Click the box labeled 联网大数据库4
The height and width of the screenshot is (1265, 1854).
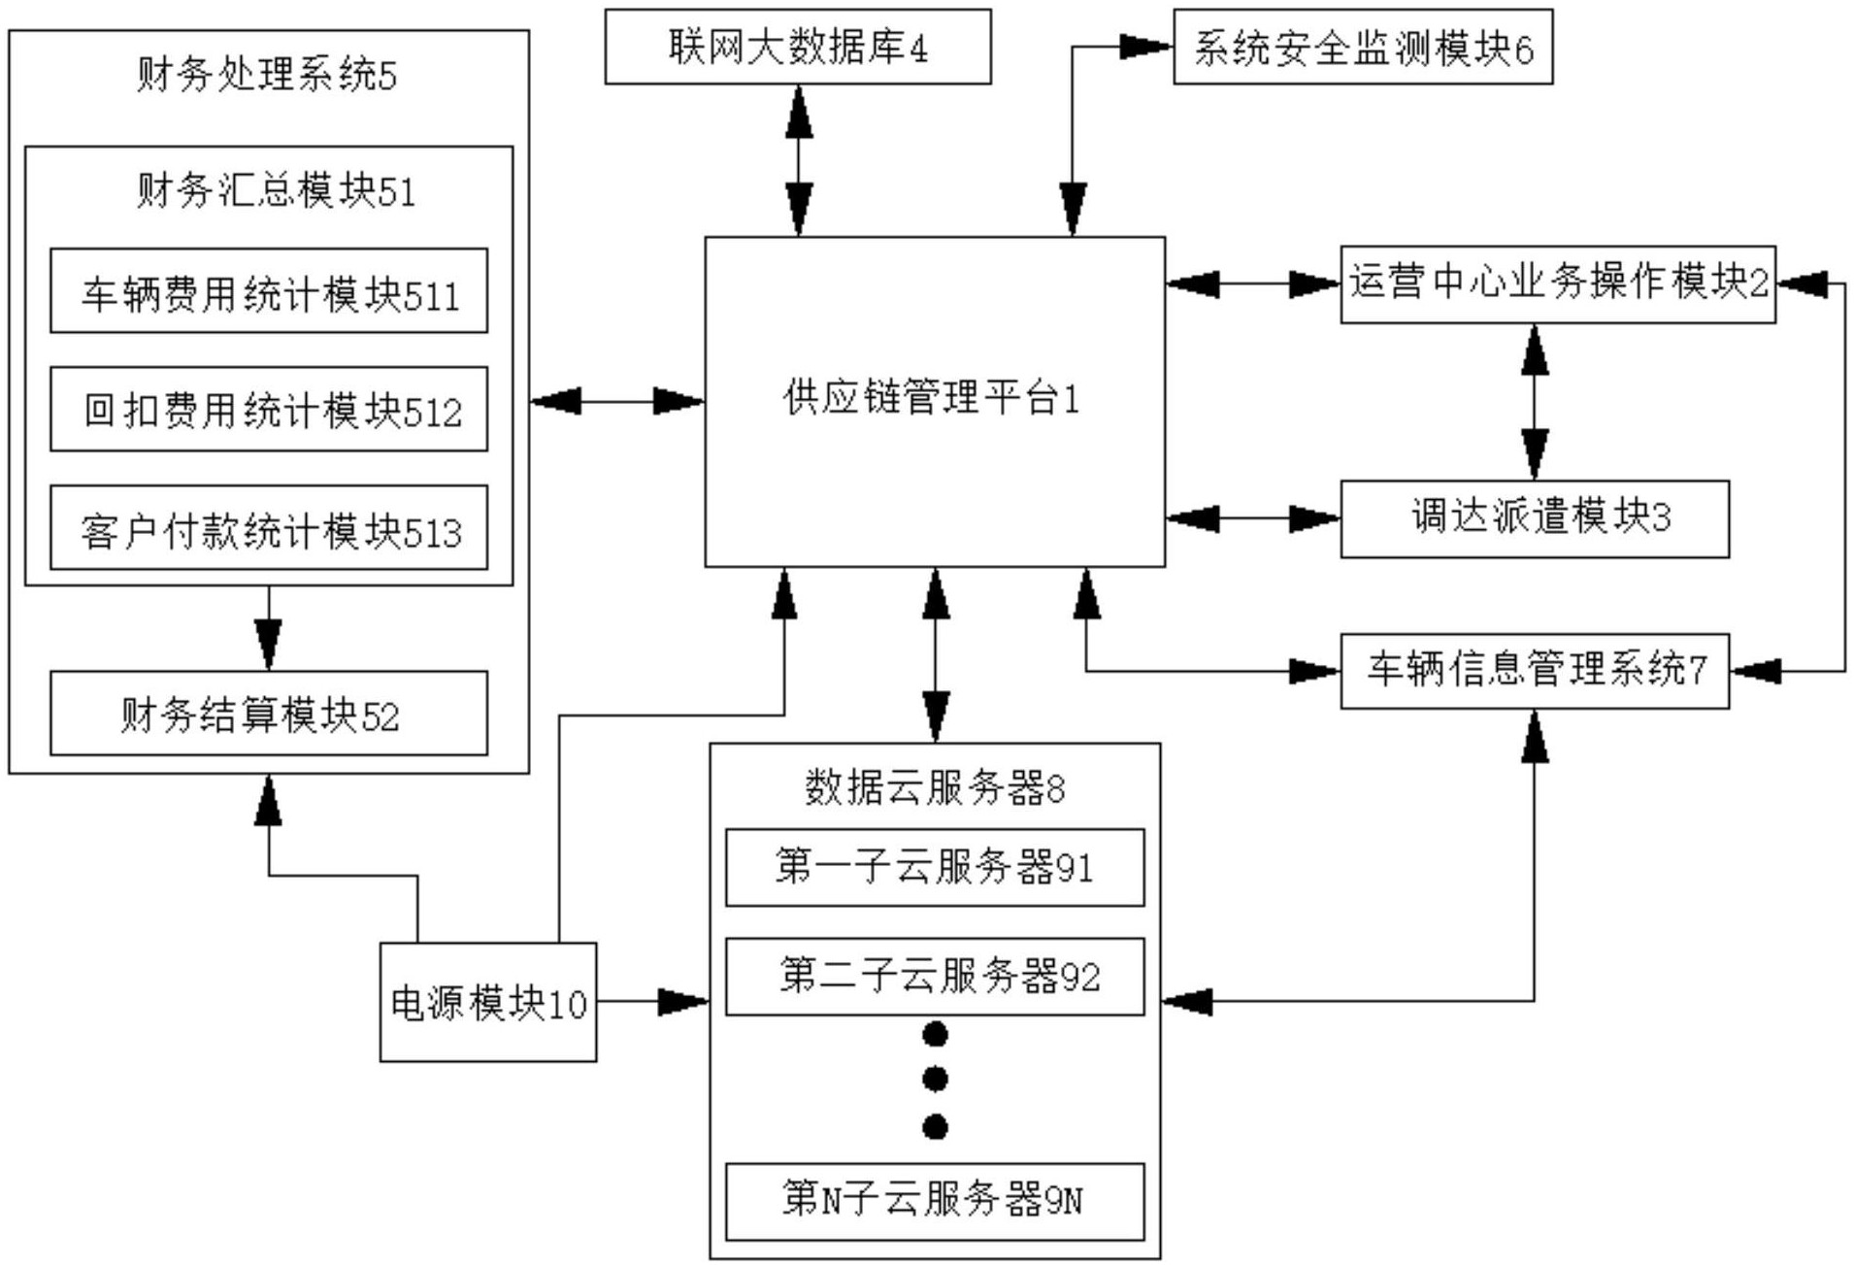[x=797, y=47]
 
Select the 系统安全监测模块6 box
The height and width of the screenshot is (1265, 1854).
[x=1362, y=47]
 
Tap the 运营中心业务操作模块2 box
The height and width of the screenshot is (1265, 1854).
[x=1557, y=283]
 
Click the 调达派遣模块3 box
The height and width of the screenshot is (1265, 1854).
[x=1534, y=518]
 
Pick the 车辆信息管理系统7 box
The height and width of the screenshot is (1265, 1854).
[x=1534, y=671]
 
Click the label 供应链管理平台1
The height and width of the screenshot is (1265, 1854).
[x=932, y=399]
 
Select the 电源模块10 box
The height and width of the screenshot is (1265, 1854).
[x=487, y=1002]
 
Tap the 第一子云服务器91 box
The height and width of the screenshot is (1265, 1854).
[x=934, y=867]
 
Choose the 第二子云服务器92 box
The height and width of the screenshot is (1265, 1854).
[x=934, y=977]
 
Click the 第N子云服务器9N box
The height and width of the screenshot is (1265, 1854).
[x=934, y=1201]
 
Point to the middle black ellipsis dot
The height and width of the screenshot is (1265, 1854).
[x=935, y=1080]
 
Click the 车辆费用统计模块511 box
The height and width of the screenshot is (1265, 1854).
[x=269, y=291]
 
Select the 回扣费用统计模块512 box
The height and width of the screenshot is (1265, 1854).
[x=269, y=410]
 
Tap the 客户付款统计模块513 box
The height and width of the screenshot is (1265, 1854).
[x=269, y=528]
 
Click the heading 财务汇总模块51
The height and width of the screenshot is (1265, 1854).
[x=276, y=191]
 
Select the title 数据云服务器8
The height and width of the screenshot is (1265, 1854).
[x=934, y=787]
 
